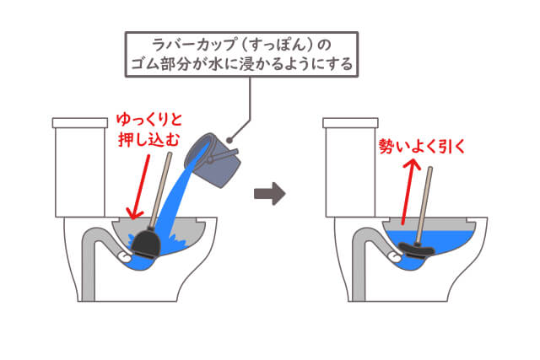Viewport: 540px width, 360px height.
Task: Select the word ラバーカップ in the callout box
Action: coord(194,44)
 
